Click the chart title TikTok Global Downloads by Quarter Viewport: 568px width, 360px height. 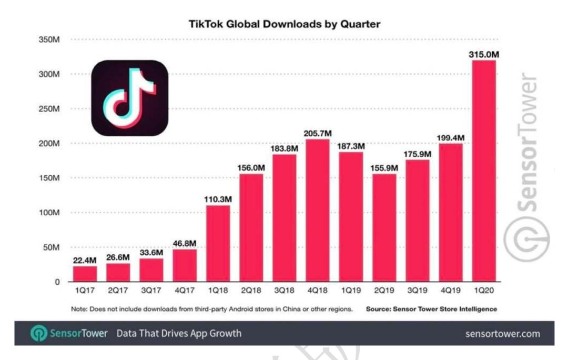pyautogui.click(x=285, y=24)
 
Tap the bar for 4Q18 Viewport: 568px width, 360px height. pyautogui.click(x=318, y=210)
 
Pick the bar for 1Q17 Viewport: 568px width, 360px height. pyautogui.click(x=85, y=273)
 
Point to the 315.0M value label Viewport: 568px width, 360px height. pyautogui.click(x=484, y=54)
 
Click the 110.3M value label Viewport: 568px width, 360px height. pyautogui.click(x=218, y=199)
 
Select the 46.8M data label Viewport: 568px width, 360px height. pyautogui.click(x=185, y=243)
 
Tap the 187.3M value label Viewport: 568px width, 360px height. pyautogui.click(x=351, y=146)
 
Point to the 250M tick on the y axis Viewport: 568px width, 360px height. pyautogui.click(x=50, y=109)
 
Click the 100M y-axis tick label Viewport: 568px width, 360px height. pyautogui.click(x=50, y=213)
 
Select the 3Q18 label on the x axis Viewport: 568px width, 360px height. pyautogui.click(x=285, y=291)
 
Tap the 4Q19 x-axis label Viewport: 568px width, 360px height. pyautogui.click(x=451, y=291)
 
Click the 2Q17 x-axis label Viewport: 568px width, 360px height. pyautogui.click(x=118, y=291)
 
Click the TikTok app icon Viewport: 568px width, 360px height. pyautogui.click(x=129, y=98)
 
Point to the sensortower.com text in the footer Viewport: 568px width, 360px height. pyautogui.click(x=503, y=334)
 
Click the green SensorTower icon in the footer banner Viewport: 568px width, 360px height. pyautogui.click(x=38, y=334)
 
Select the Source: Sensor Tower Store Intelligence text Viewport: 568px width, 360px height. pyautogui.click(x=431, y=308)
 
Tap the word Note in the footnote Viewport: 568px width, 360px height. pyautogui.click(x=79, y=308)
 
